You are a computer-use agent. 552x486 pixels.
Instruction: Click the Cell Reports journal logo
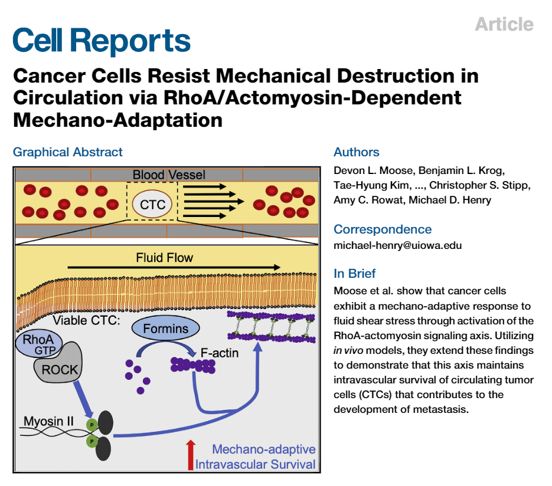coord(102,41)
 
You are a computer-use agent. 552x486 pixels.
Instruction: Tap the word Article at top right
coord(504,24)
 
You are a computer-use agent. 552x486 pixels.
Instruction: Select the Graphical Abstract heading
coord(68,152)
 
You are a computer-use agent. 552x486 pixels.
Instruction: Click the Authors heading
coord(357,152)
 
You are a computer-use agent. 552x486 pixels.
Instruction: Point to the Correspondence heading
coord(383,229)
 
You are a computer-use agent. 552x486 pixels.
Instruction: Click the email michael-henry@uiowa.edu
coord(398,245)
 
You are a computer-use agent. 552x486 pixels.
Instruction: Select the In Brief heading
coord(355,274)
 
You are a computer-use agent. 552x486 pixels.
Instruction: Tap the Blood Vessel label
coord(169,175)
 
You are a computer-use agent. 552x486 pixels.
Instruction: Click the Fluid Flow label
coord(165,258)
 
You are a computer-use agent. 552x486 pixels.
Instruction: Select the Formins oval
coord(165,329)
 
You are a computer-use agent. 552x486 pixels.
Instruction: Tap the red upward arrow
coord(190,455)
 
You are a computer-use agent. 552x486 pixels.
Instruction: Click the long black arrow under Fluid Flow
coord(174,268)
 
